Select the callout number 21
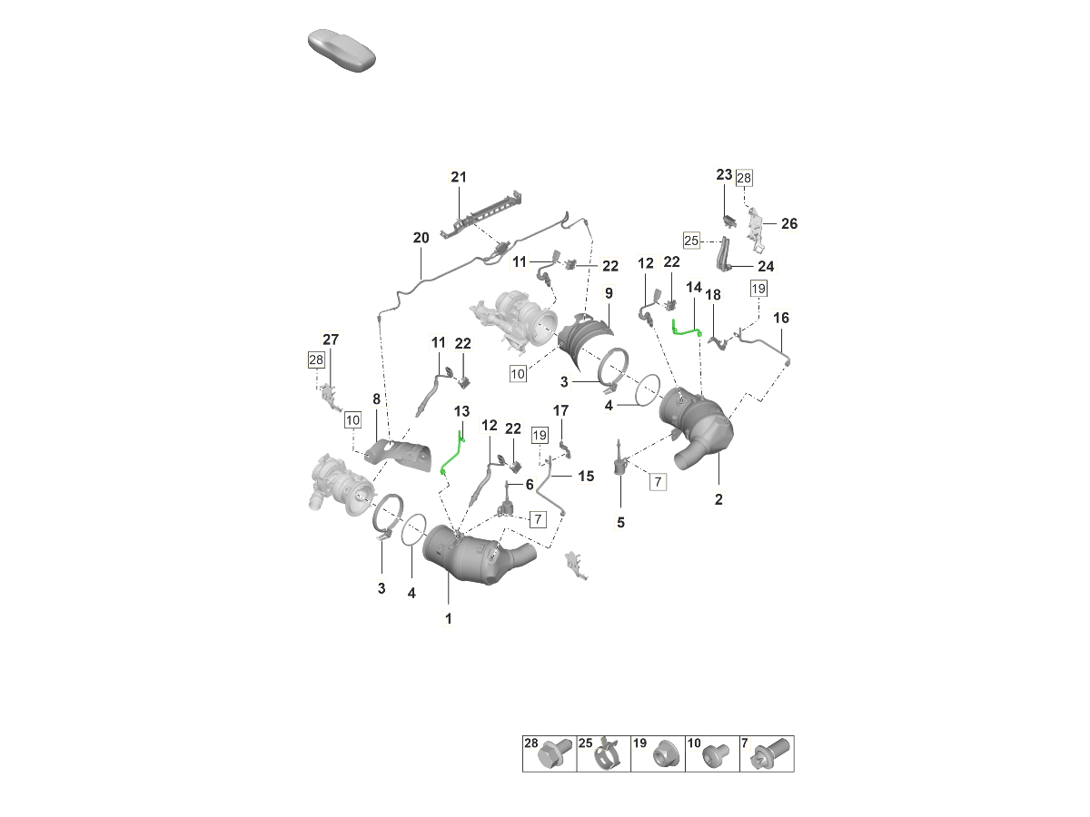[x=458, y=177]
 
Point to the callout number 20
[x=421, y=238]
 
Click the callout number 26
[x=788, y=223]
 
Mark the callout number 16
[x=781, y=318]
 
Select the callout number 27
[x=331, y=340]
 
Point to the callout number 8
[x=376, y=399]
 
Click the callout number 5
[x=621, y=523]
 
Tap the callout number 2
[x=718, y=498]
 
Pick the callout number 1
[x=448, y=618]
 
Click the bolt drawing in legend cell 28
[x=554, y=755]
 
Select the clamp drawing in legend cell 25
[x=609, y=755]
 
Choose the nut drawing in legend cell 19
[x=662, y=755]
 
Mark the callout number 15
[x=586, y=475]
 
